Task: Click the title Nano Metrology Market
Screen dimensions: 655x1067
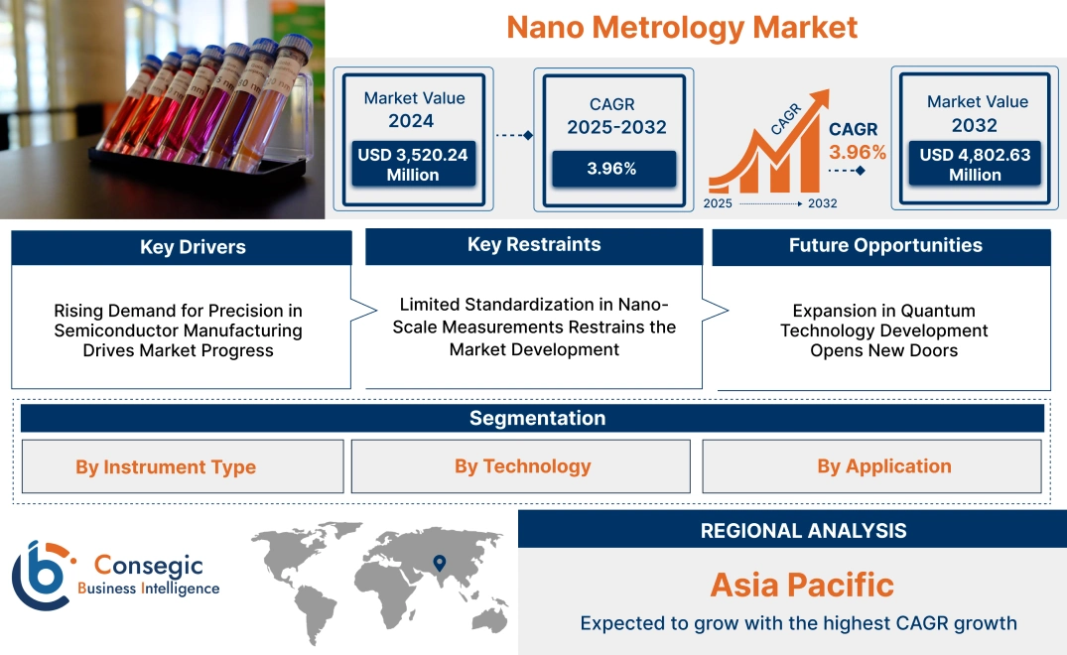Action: pyautogui.click(x=682, y=27)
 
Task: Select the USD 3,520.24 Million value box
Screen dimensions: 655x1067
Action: pyautogui.click(x=413, y=164)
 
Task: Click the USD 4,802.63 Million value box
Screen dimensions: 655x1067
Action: pyautogui.click(x=975, y=164)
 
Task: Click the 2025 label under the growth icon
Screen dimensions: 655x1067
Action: pyautogui.click(x=719, y=203)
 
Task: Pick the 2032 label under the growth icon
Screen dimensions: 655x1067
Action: pyautogui.click(x=822, y=203)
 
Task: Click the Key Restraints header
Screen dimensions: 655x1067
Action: pyautogui.click(x=534, y=244)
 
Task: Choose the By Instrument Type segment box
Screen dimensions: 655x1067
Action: pyautogui.click(x=166, y=466)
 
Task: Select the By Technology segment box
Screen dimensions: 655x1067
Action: pyautogui.click(x=522, y=465)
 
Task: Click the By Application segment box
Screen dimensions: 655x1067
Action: pyautogui.click(x=883, y=465)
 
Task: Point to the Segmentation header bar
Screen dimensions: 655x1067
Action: pyautogui.click(x=537, y=418)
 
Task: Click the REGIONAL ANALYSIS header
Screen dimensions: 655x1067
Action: pyautogui.click(x=803, y=530)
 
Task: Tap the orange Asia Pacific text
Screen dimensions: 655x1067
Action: pyautogui.click(x=802, y=584)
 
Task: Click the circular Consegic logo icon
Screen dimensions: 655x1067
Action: pyautogui.click(x=41, y=575)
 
